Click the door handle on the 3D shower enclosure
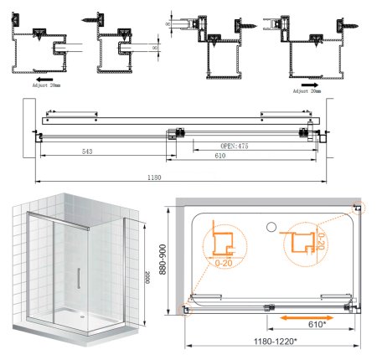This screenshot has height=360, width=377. point(78,278)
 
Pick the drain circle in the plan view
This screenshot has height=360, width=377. point(271,226)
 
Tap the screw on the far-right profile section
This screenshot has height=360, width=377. point(346,26)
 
